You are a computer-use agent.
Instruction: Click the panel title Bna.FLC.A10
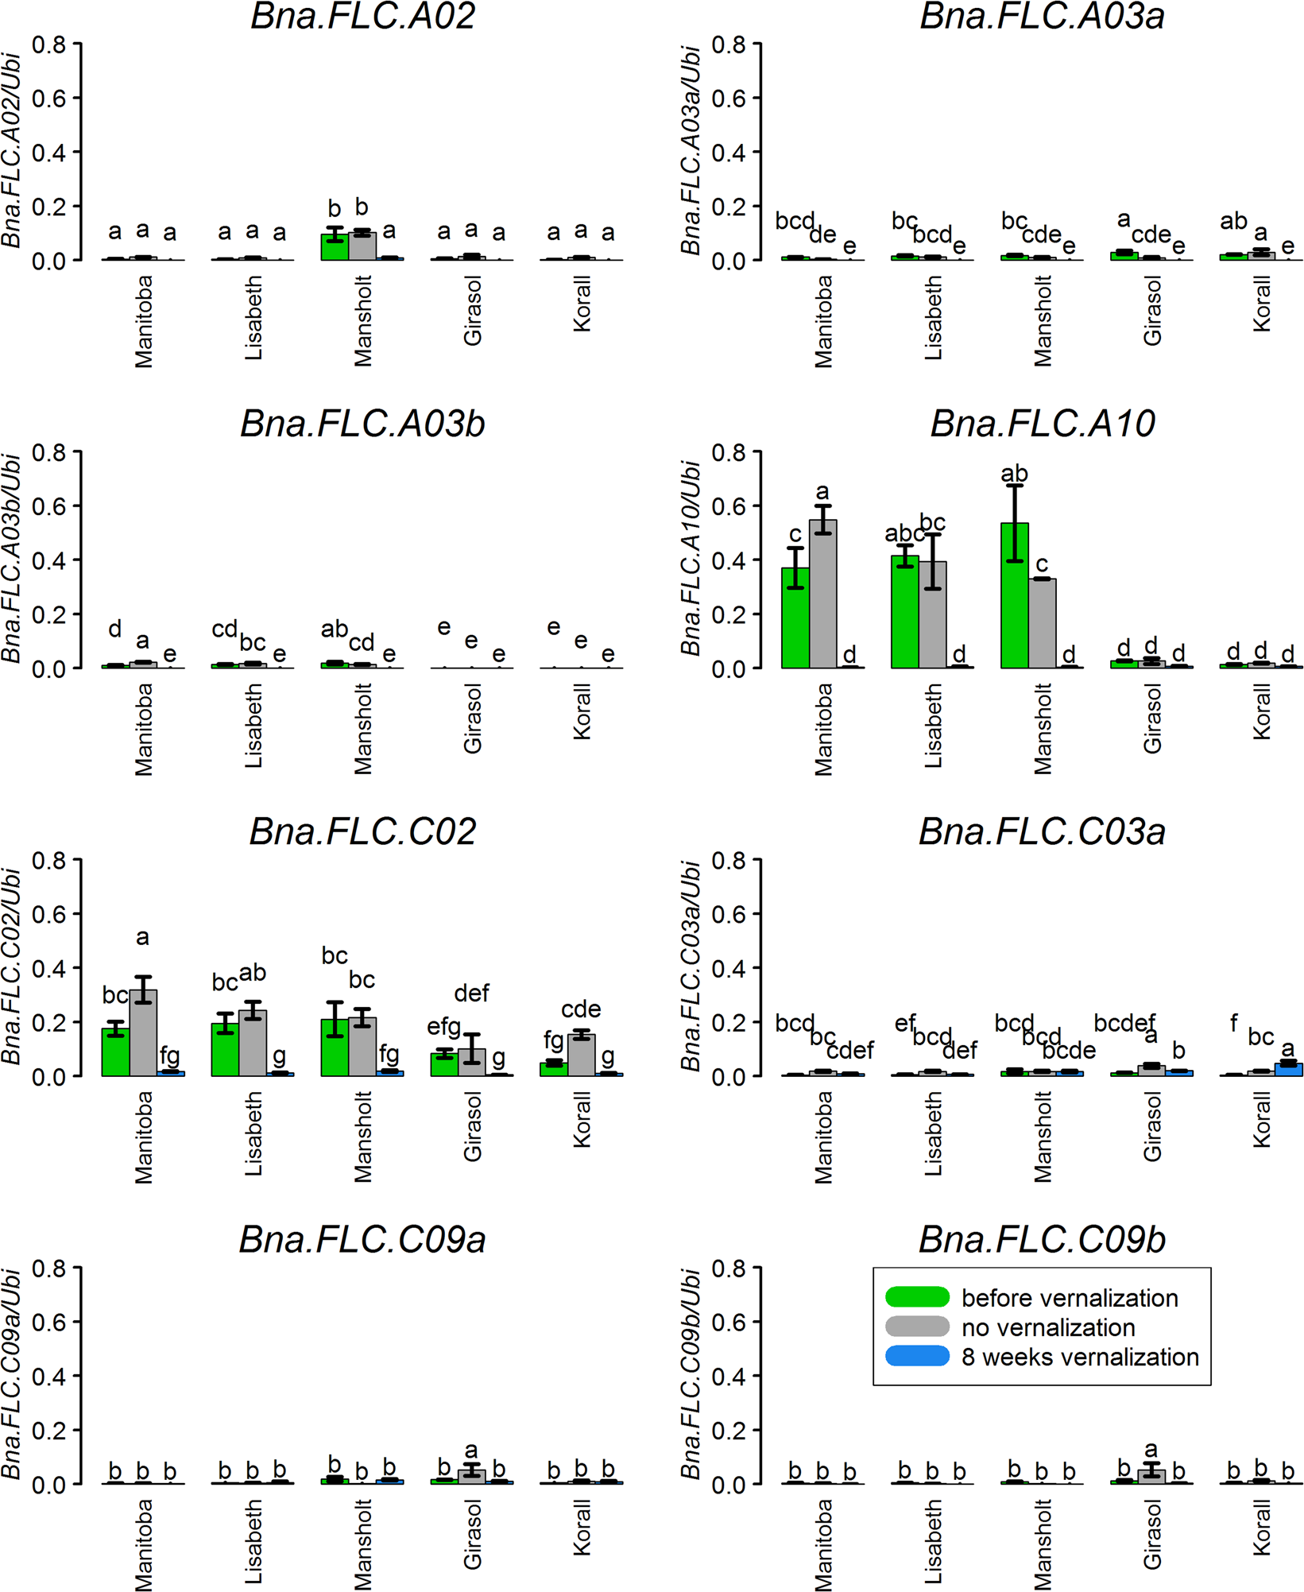point(1042,424)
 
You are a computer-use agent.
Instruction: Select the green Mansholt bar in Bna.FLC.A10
point(1014,596)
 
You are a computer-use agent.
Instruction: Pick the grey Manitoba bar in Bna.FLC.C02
point(143,1032)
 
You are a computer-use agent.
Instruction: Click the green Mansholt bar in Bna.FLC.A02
point(335,247)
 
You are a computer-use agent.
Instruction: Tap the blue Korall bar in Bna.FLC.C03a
point(1288,1069)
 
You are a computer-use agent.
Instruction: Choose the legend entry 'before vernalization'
point(1069,1298)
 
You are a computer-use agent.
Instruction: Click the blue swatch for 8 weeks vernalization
point(917,1356)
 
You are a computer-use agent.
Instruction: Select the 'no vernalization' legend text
point(1047,1327)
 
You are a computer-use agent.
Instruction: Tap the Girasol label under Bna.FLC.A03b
point(472,719)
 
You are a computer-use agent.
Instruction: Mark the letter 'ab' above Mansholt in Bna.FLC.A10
point(1014,474)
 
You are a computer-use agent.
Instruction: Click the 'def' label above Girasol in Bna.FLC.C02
point(471,993)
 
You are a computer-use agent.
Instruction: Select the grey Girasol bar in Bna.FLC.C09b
point(1151,1476)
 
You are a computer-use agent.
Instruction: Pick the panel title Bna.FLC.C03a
point(1042,832)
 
